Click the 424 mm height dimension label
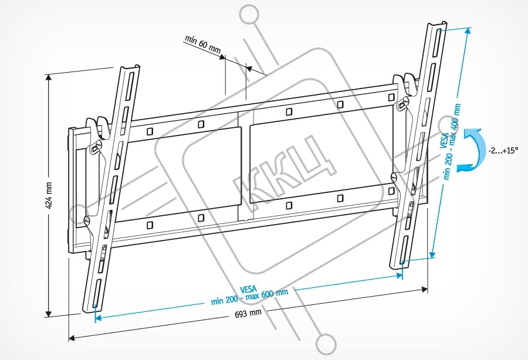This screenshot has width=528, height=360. click(x=50, y=194)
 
